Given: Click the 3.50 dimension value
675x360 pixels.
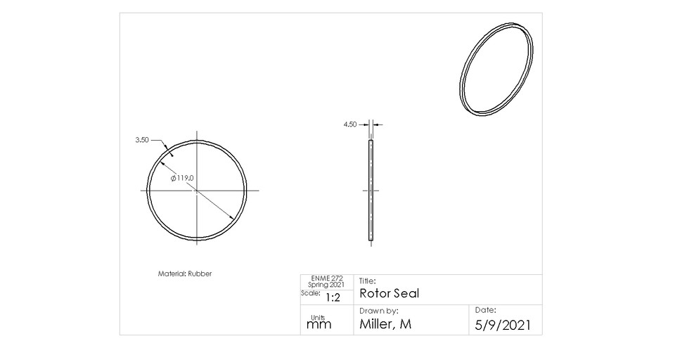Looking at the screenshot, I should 142,140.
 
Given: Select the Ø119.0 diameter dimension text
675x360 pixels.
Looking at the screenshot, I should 182,179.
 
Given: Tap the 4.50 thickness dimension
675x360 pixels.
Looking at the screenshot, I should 350,124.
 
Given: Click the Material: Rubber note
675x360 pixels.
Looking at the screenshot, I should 184,274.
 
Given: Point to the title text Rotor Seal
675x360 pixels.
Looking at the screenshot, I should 389,293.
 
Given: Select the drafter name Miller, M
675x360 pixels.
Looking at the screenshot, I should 385,324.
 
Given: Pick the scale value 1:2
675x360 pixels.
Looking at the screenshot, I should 332,297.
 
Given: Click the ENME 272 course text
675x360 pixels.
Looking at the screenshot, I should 326,278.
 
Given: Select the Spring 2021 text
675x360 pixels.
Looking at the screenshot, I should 326,285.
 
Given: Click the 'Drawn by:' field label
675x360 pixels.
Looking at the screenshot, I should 378,310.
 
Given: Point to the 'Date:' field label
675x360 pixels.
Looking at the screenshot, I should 486,309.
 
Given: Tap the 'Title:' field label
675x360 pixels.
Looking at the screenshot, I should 367,281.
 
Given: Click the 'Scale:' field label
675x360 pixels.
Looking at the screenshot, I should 310,293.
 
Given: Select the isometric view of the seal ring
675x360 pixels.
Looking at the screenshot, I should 497,68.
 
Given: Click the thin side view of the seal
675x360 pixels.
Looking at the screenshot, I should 371,191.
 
